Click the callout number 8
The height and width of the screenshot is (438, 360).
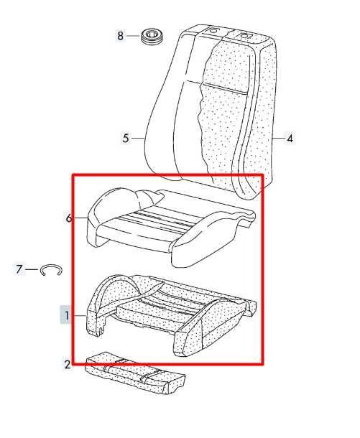point(120,36)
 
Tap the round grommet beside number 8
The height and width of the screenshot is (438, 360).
point(152,37)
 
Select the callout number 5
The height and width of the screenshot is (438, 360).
point(126,138)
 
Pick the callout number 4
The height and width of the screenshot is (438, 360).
point(290,139)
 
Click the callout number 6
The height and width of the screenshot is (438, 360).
point(68,218)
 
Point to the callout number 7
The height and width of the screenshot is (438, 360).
point(19,269)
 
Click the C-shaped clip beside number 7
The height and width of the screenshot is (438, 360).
point(51,270)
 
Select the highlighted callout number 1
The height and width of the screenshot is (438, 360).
point(67,315)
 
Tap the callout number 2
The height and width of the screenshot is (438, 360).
point(68,364)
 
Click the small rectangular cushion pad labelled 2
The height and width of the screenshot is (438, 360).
point(136,373)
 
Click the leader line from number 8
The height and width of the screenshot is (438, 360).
point(133,36)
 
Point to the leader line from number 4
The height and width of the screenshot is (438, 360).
point(278,139)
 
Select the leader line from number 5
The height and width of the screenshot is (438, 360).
point(138,138)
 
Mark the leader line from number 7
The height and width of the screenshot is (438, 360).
point(32,269)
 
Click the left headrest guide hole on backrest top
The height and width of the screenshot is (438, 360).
point(212,30)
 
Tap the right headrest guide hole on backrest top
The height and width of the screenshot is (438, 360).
point(245,36)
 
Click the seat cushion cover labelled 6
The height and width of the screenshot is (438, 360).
point(171,227)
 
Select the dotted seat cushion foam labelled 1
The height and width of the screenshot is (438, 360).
point(171,316)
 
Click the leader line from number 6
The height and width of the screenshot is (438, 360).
point(80,218)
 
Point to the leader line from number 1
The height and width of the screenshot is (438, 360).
point(79,316)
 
